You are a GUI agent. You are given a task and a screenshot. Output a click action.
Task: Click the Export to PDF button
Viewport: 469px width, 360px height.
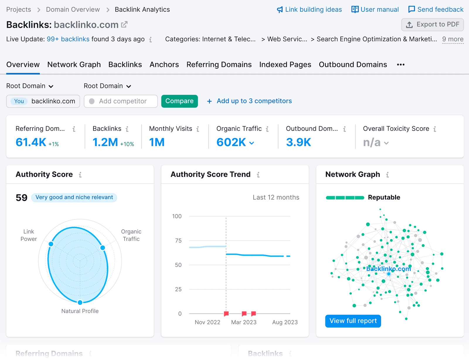(x=432, y=25)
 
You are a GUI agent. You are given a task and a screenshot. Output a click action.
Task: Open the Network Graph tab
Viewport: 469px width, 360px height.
(x=74, y=64)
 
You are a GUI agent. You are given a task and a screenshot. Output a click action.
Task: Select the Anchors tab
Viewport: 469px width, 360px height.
(x=164, y=64)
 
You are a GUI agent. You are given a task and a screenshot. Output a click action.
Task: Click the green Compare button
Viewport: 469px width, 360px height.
(x=179, y=101)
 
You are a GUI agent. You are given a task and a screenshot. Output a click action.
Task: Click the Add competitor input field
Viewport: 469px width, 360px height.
(x=122, y=101)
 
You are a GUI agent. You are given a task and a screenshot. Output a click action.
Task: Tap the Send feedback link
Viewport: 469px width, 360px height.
(x=436, y=9)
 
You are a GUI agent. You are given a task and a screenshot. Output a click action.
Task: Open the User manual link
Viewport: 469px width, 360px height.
(x=375, y=9)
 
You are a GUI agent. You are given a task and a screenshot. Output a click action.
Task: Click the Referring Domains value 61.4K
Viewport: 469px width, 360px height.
(x=31, y=142)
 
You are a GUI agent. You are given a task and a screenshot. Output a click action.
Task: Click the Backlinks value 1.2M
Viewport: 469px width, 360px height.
(x=105, y=142)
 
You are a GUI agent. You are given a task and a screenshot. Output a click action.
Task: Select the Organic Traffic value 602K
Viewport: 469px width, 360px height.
(x=231, y=142)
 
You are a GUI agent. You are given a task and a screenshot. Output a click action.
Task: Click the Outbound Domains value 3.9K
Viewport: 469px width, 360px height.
(x=298, y=142)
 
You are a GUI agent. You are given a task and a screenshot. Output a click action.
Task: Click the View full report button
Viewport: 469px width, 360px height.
(x=353, y=321)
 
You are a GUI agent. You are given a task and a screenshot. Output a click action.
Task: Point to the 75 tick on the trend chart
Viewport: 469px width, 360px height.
(x=178, y=241)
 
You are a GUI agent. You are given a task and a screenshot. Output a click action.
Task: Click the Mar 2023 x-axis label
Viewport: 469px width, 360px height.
(x=244, y=322)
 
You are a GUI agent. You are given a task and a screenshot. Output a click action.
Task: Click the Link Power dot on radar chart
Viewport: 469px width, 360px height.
(x=51, y=244)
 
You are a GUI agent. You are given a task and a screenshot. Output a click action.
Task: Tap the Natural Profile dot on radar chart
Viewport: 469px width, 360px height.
(x=80, y=302)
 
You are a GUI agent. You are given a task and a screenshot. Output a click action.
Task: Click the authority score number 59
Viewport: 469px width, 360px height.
(x=21, y=198)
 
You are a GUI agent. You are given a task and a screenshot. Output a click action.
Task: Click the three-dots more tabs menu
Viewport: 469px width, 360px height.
(x=401, y=64)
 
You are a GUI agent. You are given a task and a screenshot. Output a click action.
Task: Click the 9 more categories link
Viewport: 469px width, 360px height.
(x=453, y=39)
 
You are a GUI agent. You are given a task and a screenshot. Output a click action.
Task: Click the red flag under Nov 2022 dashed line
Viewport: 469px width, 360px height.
(x=226, y=314)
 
